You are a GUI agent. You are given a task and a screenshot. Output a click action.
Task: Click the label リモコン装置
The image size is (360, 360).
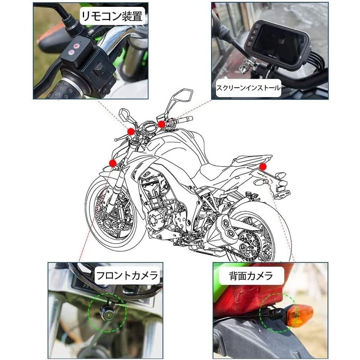(x=112, y=16)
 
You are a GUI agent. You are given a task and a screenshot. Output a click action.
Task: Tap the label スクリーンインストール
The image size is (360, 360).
(x=248, y=88)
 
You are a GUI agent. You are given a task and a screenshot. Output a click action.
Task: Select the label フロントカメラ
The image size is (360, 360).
(x=127, y=275)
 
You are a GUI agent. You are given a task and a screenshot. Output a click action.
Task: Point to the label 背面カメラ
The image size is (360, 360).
(x=251, y=275)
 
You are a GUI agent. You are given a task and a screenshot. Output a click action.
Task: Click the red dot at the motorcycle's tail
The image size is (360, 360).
(x=263, y=166)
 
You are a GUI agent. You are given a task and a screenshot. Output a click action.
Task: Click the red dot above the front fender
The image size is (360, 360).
(x=112, y=163)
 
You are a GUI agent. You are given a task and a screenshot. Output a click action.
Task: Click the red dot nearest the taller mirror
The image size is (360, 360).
(x=162, y=124)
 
